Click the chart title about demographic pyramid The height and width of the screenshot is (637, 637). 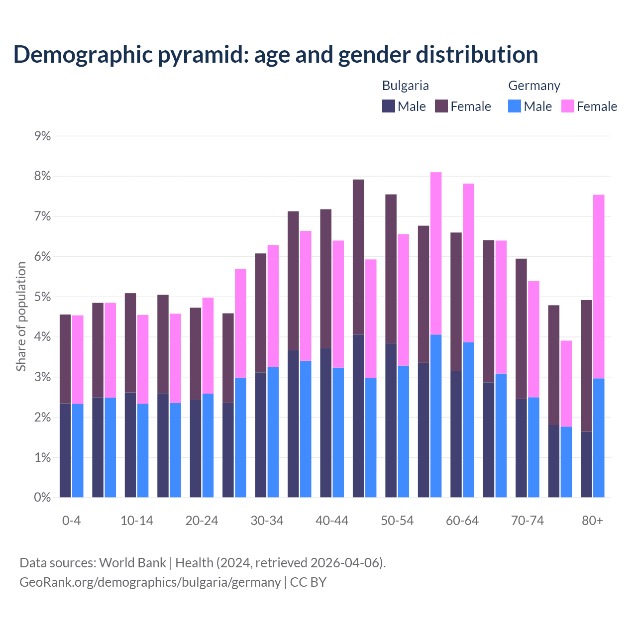coord(276,55)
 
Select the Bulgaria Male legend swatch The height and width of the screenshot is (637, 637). coord(389,106)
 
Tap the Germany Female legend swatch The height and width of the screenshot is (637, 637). coord(568,106)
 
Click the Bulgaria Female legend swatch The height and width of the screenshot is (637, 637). coord(441,106)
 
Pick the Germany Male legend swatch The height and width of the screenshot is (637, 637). coord(515,106)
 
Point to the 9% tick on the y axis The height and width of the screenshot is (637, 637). coord(42,136)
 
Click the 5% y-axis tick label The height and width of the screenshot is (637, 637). coord(42,297)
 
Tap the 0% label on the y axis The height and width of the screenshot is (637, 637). coord(42,498)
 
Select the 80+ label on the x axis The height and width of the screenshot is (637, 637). coord(592,521)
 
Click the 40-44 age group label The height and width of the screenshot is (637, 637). coord(332,521)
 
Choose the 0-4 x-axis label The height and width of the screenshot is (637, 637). coord(71,521)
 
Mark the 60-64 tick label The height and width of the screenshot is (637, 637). coord(462,521)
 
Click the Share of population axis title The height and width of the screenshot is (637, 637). coord(21,317)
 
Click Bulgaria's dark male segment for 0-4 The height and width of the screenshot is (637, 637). coord(65,450)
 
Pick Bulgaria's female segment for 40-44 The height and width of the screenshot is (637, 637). coord(326,279)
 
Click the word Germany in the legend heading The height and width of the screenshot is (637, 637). coord(534,86)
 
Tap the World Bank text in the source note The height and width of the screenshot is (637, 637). coord(132,563)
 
